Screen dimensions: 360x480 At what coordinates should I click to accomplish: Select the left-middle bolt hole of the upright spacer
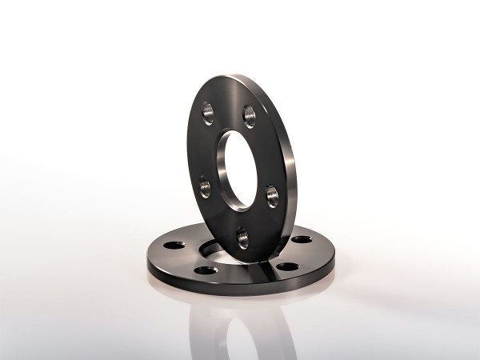click(205, 187)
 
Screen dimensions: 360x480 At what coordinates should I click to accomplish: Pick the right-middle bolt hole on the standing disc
click(272, 194)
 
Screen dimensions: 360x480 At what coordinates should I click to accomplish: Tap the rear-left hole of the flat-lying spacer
click(175, 245)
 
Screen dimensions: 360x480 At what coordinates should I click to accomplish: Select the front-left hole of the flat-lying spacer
click(206, 270)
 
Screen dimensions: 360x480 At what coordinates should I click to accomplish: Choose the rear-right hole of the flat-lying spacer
click(302, 239)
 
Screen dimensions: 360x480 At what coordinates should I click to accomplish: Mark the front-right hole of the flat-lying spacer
click(287, 266)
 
